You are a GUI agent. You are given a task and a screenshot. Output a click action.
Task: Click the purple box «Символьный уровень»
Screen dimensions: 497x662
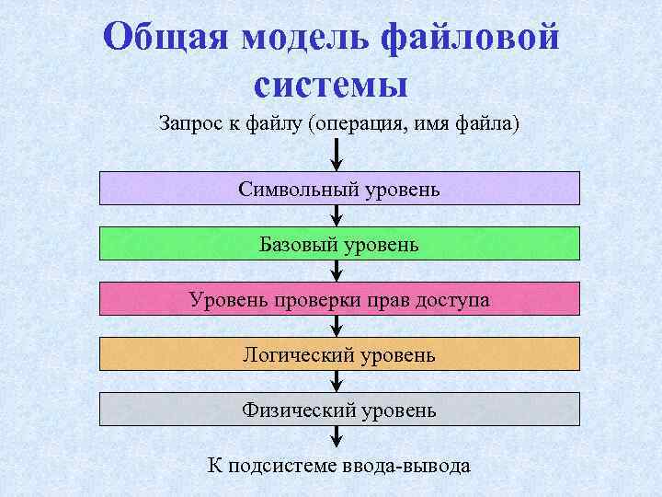(x=339, y=189)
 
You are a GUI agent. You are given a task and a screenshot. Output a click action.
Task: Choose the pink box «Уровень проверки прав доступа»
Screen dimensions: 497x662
(x=339, y=299)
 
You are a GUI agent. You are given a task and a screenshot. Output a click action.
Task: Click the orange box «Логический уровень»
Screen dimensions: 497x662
(x=339, y=354)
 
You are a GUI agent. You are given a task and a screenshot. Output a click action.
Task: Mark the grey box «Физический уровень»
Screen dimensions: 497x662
(x=339, y=410)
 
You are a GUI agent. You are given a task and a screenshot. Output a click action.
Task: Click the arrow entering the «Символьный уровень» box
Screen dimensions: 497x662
(x=337, y=155)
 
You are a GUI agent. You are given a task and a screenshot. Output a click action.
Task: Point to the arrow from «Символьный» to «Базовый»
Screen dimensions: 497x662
(x=337, y=216)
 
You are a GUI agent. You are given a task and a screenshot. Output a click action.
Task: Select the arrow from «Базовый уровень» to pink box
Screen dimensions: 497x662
(x=337, y=272)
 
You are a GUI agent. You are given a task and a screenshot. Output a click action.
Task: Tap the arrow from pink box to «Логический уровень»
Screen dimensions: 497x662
(x=337, y=327)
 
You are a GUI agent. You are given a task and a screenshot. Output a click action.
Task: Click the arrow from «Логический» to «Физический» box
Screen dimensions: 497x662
(x=337, y=382)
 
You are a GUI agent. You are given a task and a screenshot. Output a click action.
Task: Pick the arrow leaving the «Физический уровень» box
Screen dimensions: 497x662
(x=337, y=437)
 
